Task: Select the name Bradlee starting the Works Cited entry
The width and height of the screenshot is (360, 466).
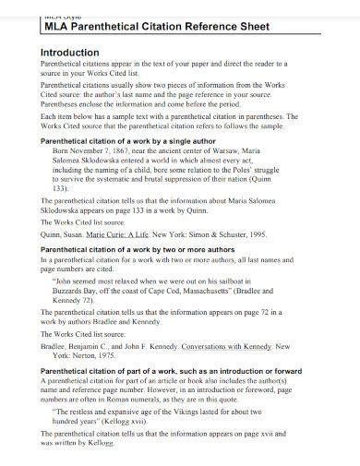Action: click(57, 347)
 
